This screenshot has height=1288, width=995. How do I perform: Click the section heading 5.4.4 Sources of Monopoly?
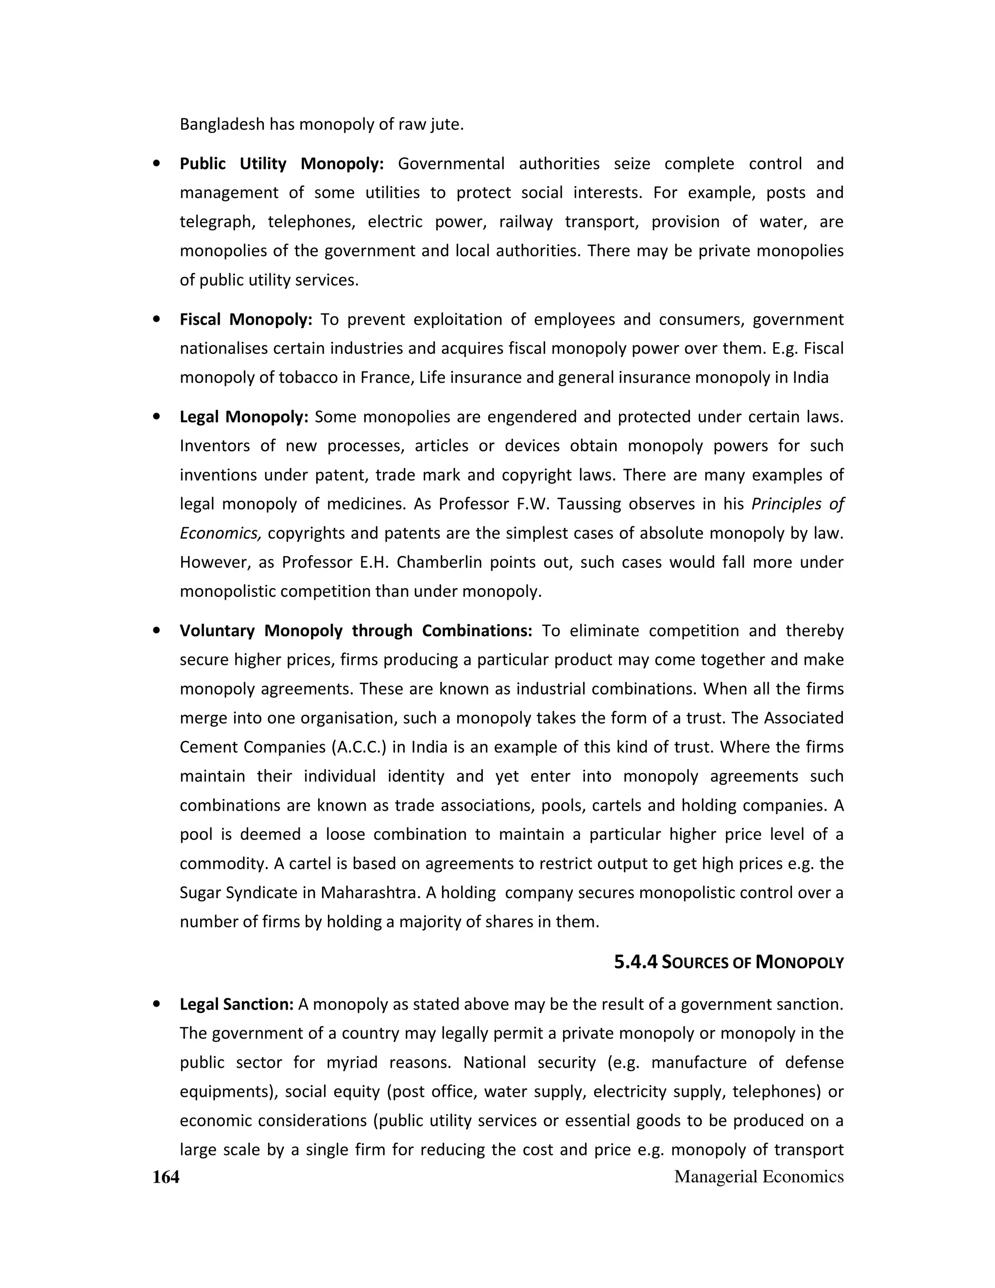coord(729,962)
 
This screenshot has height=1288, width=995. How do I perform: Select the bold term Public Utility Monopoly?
coord(281,163)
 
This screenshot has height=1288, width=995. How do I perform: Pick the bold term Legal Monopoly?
coord(244,417)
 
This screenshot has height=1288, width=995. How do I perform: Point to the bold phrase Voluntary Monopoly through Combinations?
coord(356,630)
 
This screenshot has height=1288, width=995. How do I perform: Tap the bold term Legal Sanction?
coord(237,1004)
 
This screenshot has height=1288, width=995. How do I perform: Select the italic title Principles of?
coord(797,504)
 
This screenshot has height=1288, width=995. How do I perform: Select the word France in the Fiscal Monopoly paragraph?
coord(383,378)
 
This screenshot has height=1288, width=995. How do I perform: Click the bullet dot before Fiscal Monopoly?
coord(156,319)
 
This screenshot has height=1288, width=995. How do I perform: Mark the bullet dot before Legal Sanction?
coord(156,1004)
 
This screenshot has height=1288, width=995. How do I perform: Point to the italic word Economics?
coord(221,533)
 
